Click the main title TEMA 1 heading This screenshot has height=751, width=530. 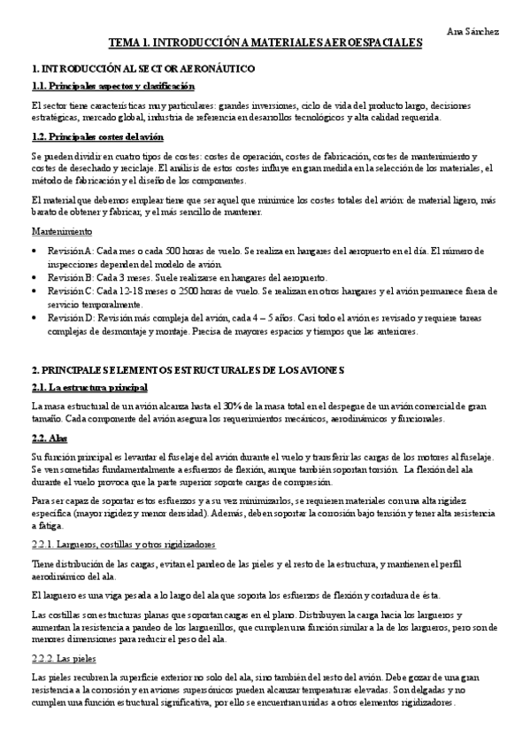point(265,43)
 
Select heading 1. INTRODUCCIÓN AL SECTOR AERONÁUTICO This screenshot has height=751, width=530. point(143,68)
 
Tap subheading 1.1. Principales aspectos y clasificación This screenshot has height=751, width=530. point(112,86)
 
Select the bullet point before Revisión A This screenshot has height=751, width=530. point(34,251)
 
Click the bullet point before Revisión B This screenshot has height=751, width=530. point(34,277)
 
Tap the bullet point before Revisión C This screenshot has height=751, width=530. point(34,290)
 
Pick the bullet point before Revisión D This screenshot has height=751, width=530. point(34,318)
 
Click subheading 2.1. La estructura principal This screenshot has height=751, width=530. point(89,388)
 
